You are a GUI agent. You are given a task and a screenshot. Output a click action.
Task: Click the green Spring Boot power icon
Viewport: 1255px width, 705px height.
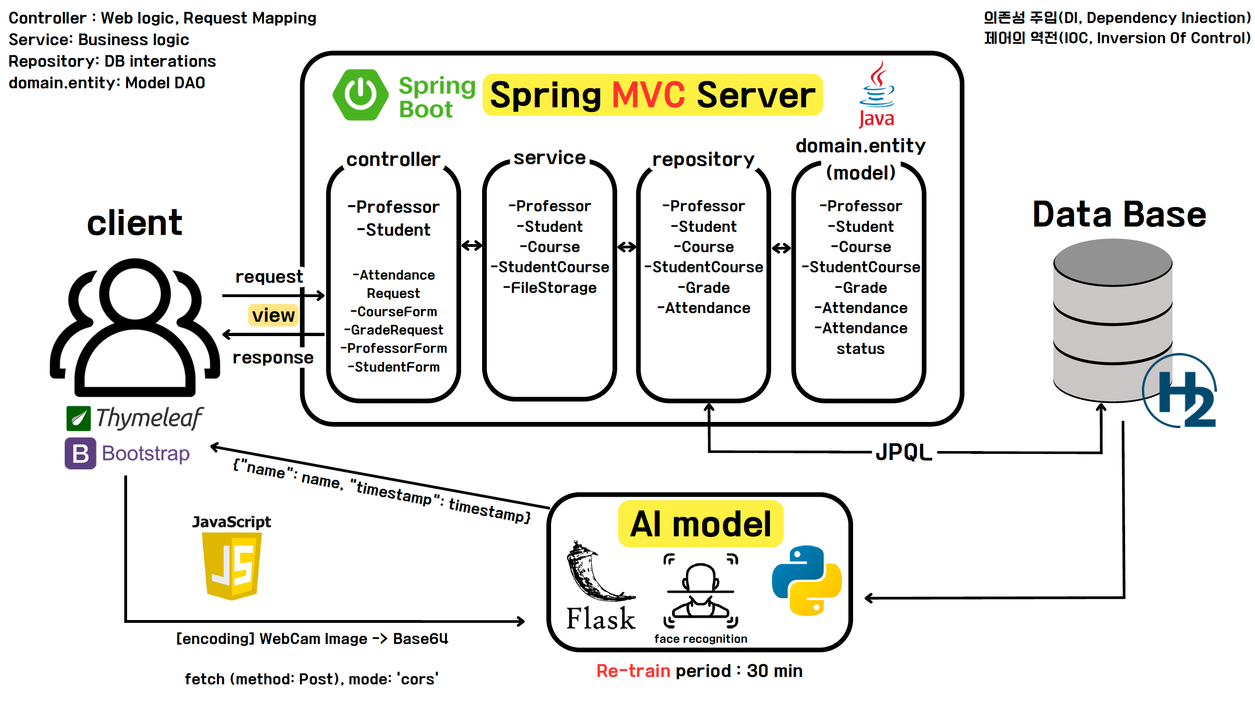click(x=360, y=95)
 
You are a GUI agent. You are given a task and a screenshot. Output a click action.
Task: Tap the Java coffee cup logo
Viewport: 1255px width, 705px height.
click(x=877, y=92)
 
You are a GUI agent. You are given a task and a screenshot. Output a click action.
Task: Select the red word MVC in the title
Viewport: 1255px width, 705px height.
click(x=648, y=95)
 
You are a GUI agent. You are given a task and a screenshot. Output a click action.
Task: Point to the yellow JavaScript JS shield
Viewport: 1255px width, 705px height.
click(x=232, y=565)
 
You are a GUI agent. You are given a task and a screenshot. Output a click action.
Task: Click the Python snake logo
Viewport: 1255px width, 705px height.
click(x=807, y=580)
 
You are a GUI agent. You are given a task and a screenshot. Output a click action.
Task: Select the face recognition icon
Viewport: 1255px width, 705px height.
click(x=701, y=590)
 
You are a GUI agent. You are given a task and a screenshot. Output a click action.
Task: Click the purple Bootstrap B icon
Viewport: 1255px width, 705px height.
click(x=80, y=453)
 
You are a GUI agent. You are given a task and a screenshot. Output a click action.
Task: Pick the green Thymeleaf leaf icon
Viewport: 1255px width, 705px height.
click(x=78, y=418)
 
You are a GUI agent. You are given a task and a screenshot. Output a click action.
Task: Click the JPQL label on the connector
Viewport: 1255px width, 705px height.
click(x=904, y=452)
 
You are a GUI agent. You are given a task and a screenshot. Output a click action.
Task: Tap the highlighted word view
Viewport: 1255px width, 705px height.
click(x=273, y=315)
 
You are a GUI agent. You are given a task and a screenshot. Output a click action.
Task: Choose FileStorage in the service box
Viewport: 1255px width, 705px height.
click(x=550, y=288)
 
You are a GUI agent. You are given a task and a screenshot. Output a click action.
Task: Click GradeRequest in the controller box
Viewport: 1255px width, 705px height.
click(x=393, y=330)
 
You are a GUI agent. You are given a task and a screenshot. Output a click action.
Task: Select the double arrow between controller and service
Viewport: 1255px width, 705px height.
click(x=472, y=246)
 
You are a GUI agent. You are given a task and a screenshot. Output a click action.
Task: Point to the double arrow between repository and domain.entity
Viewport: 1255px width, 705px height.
click(x=781, y=248)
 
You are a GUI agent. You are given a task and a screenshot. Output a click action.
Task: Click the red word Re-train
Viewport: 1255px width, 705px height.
click(x=633, y=671)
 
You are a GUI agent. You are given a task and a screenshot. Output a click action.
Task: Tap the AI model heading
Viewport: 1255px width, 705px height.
click(x=701, y=524)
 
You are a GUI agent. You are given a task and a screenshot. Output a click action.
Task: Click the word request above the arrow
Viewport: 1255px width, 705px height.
click(x=269, y=276)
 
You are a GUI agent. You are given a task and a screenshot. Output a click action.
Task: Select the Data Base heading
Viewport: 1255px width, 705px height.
click(x=1119, y=215)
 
